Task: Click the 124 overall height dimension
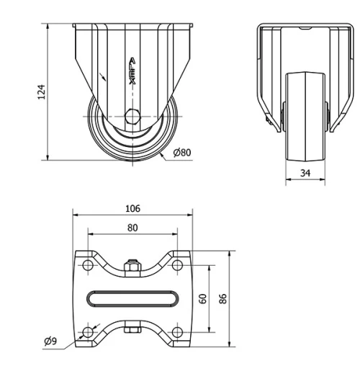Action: [x=42, y=91]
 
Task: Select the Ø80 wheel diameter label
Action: [x=182, y=152]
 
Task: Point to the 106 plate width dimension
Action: [x=132, y=209]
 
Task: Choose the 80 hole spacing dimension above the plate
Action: [x=132, y=227]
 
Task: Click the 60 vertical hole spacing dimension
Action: [x=204, y=298]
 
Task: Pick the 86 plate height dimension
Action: [x=224, y=298]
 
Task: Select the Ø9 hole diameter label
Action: [x=50, y=341]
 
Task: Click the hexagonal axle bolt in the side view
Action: [x=132, y=115]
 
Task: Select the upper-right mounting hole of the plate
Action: [x=177, y=266]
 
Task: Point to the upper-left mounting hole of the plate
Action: [x=88, y=266]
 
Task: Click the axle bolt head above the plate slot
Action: [x=132, y=268]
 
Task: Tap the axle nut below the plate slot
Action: [x=132, y=329]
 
